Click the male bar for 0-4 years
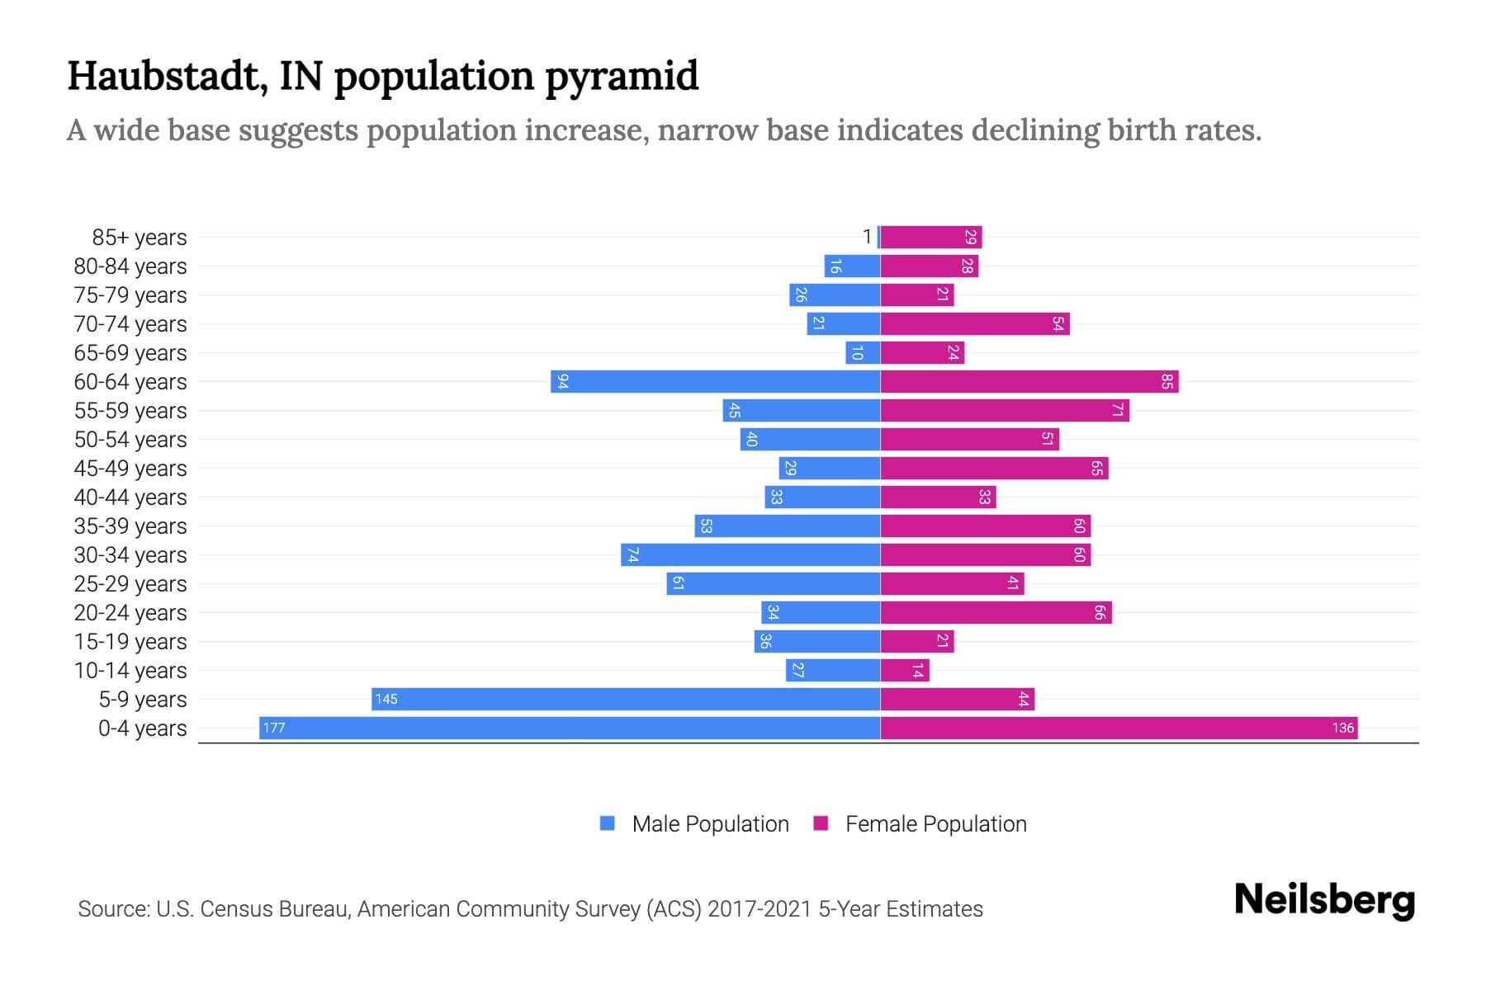point(570,728)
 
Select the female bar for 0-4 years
point(1119,728)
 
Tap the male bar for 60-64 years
point(716,381)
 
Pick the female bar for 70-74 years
point(975,323)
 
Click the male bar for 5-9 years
point(626,699)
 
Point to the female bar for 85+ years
point(931,237)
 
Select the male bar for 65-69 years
point(863,352)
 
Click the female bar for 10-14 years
point(905,670)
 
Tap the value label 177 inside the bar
point(274,728)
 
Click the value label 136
point(1342,728)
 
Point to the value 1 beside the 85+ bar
point(867,237)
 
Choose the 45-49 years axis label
point(130,468)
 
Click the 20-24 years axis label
point(130,612)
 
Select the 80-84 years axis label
point(130,266)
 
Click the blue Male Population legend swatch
point(608,823)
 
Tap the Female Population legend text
point(935,823)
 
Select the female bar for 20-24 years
point(996,612)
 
